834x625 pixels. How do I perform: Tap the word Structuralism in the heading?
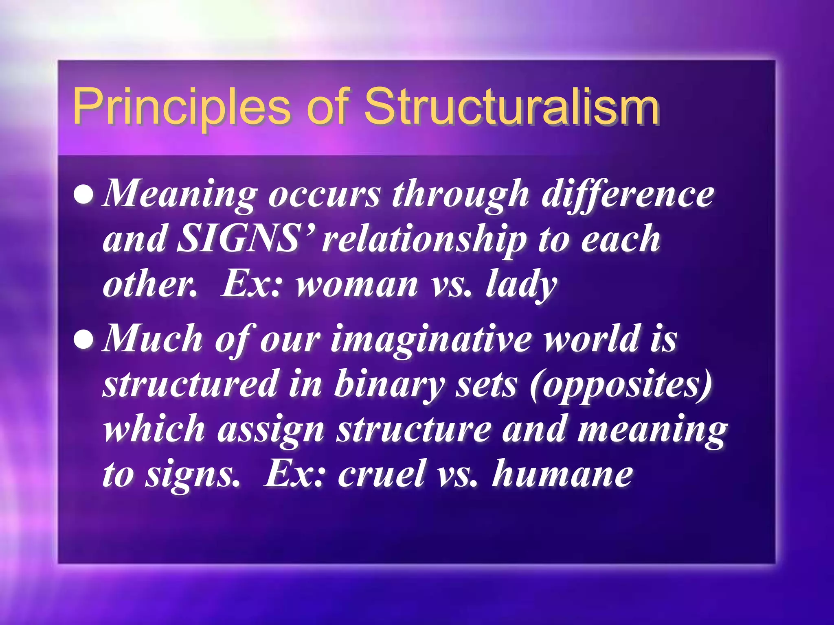coord(511,107)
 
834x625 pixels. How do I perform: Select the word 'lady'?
coord(521,285)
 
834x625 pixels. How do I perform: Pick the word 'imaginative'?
coord(431,340)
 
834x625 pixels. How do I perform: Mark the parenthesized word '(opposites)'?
coord(621,385)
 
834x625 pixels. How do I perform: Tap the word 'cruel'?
coord(381,474)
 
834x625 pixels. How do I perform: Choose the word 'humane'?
coord(562,474)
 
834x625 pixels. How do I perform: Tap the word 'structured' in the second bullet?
coord(190,384)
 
